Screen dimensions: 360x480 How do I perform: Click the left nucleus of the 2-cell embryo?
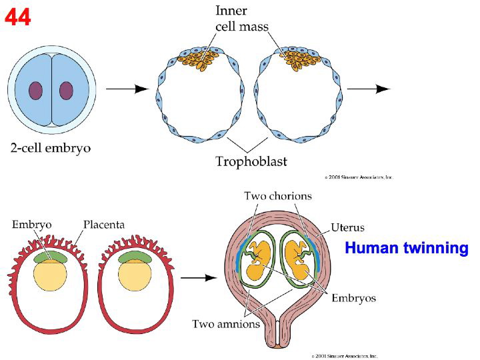click(35, 91)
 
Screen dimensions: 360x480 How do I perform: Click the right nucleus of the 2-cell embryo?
click(66, 91)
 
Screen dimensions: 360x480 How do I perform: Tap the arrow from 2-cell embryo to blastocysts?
click(127, 89)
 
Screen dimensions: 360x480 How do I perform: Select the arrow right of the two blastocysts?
click(368, 89)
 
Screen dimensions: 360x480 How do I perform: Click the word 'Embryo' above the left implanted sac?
click(31, 225)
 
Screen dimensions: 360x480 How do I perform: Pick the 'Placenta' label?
click(103, 225)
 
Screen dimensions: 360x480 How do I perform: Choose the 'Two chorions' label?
click(277, 196)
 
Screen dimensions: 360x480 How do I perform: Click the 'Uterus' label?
click(348, 227)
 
